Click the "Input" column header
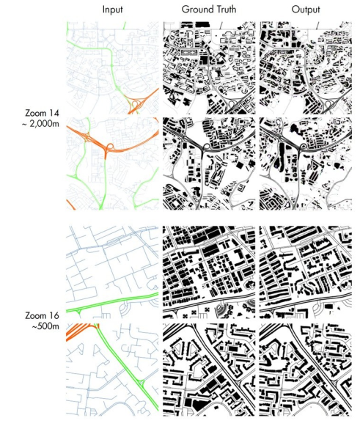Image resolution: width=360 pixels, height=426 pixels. tap(113, 10)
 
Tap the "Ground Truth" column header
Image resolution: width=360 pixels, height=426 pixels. tap(209, 10)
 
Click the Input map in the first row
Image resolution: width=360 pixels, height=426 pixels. tap(113, 67)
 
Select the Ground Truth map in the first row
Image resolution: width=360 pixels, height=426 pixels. tap(209, 67)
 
